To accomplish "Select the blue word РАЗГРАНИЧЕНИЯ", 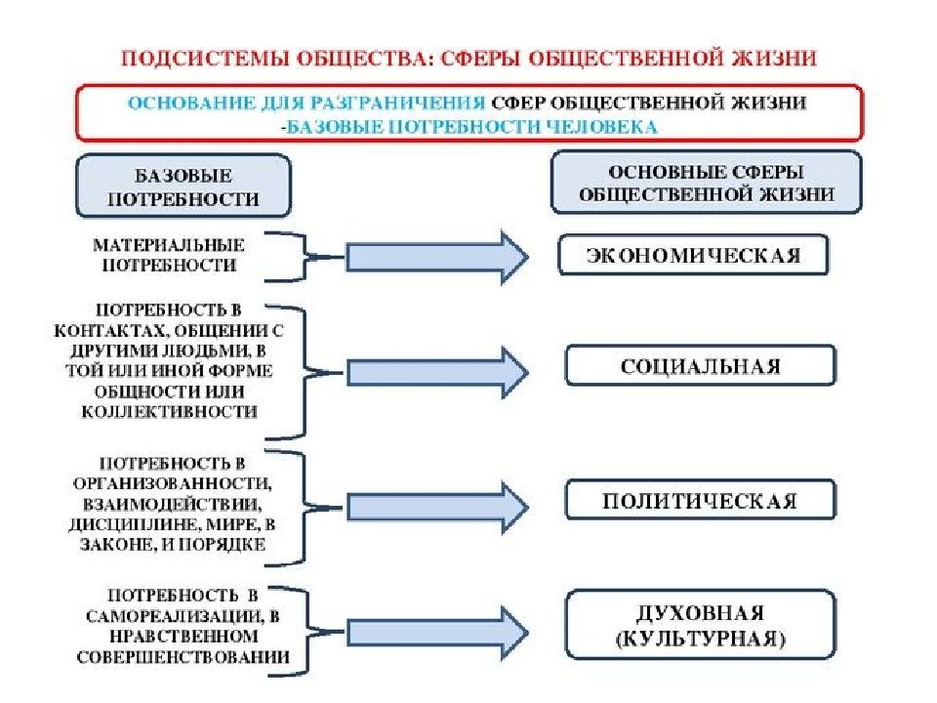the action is pos(398,103).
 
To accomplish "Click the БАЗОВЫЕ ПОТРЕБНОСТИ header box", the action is pos(183,186).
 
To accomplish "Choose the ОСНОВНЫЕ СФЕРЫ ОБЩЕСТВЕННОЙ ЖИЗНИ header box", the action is pos(707,183).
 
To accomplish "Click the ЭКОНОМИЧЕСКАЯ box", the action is pos(693,255).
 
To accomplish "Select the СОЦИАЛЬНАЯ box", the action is pos(701,365).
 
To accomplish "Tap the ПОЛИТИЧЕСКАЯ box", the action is pos(701,500).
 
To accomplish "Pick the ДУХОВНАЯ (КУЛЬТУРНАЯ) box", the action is pos(701,625).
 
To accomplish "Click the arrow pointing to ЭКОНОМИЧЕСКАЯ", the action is pos(437,258).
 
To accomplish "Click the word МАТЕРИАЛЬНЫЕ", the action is pos(169,245).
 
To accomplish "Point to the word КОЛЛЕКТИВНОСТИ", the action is pos(170,412).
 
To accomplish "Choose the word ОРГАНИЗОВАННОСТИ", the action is pos(172,483).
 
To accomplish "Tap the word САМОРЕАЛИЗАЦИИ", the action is pos(174,616).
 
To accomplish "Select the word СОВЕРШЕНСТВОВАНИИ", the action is pos(183,657).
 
